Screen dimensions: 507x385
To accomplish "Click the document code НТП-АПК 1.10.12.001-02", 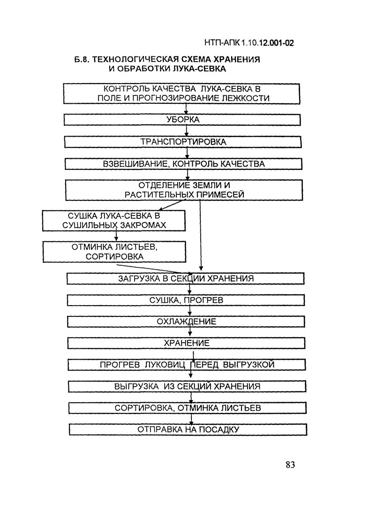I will [249, 44].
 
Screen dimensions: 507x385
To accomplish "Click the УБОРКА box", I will [182, 119].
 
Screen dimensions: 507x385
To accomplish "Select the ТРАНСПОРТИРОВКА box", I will [183, 141].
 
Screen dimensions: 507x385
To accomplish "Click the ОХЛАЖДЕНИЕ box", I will [186, 322].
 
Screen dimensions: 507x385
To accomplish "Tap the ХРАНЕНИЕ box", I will [187, 343].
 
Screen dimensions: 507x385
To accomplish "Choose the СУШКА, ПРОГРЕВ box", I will [186, 300].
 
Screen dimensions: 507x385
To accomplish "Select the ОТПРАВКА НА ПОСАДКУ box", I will [188, 430].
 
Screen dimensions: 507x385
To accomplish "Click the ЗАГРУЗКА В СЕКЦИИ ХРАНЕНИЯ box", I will [186, 278].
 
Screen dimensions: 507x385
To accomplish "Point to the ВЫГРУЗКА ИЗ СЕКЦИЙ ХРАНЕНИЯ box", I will [187, 386].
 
